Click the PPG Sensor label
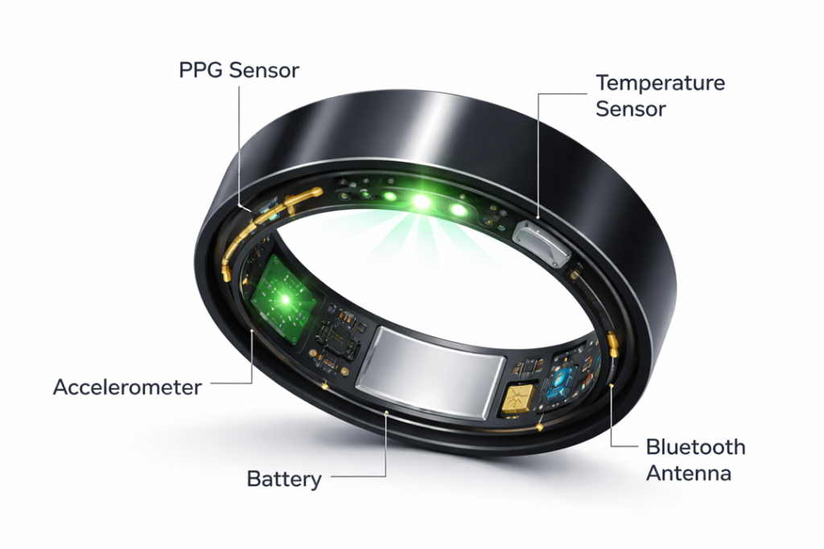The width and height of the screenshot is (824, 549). click(238, 70)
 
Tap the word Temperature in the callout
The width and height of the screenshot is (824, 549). click(660, 84)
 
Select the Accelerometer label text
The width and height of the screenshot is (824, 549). click(127, 387)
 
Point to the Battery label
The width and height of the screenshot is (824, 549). click(284, 480)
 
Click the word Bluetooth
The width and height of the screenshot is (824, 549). click(695, 448)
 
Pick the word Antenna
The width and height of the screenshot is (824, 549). click(689, 473)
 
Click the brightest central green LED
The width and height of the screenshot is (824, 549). click(419, 203)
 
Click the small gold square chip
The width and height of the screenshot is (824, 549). click(518, 399)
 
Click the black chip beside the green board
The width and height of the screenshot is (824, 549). click(338, 338)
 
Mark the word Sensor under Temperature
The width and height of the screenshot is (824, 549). click(631, 109)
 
